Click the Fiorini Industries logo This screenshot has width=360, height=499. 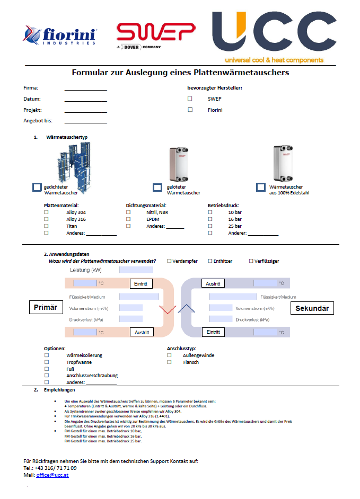(59, 36)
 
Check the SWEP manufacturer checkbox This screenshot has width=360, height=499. (190, 99)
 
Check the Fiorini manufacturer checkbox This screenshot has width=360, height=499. (190, 110)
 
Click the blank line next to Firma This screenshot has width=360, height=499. (85, 88)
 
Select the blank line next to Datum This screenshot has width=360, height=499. (85, 100)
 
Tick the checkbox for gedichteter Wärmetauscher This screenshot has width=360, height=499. (37, 187)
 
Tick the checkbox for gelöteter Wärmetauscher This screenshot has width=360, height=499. (157, 187)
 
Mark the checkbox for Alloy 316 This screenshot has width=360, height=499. (47, 219)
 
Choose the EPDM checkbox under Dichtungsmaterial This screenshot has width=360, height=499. (128, 219)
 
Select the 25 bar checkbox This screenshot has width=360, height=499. (210, 226)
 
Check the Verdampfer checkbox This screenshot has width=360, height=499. (170, 261)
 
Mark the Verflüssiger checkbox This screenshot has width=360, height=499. (251, 261)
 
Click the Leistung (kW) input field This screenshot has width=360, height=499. (136, 270)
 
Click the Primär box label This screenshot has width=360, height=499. (46, 307)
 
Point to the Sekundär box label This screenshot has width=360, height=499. (312, 308)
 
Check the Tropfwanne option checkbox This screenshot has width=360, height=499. (47, 362)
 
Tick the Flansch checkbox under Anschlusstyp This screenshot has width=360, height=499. (170, 362)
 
